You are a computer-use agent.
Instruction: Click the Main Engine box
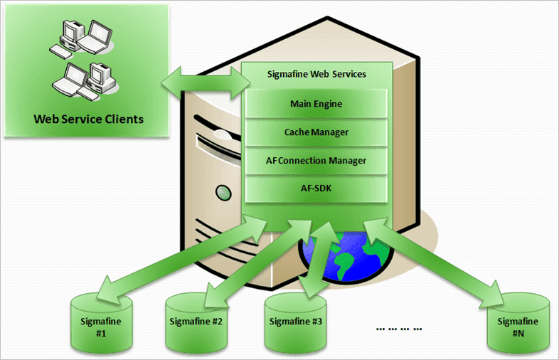coord(316,104)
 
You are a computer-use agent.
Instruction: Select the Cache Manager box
coord(316,132)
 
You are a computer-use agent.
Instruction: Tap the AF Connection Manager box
coord(316,161)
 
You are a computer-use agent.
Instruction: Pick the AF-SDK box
coord(316,189)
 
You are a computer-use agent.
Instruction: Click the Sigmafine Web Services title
coord(316,74)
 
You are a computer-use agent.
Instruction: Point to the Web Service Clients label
coord(88,118)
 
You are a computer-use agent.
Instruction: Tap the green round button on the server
coord(223,191)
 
